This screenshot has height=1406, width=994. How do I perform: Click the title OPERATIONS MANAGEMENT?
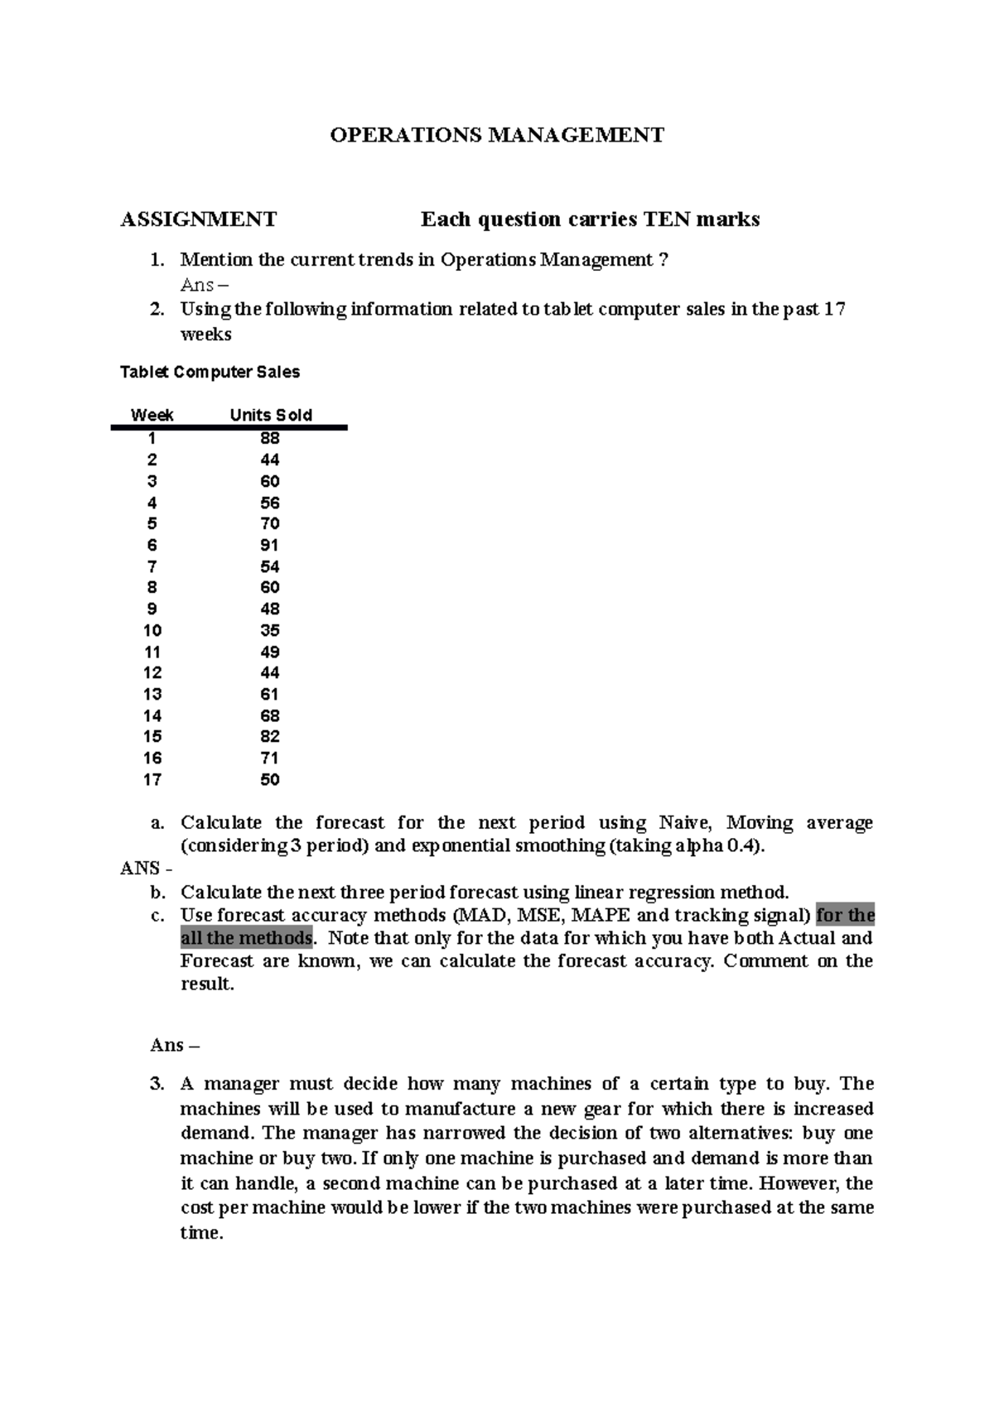click(x=497, y=135)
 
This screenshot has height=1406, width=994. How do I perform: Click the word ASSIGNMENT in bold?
click(x=199, y=219)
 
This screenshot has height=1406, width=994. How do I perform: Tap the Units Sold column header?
click(x=271, y=416)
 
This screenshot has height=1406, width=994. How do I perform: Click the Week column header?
click(x=152, y=416)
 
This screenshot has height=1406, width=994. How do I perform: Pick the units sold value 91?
click(x=269, y=545)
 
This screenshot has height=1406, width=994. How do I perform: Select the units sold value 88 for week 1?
click(x=269, y=438)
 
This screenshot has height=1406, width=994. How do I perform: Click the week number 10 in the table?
click(x=152, y=630)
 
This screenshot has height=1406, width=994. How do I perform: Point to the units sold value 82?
click(x=269, y=736)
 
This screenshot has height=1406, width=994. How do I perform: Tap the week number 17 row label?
click(x=152, y=779)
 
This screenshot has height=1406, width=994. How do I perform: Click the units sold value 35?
click(x=269, y=630)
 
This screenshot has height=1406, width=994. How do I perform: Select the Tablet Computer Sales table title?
click(x=210, y=373)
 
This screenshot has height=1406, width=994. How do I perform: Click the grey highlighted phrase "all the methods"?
click(x=247, y=938)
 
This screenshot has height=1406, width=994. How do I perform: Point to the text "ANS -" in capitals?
click(x=147, y=869)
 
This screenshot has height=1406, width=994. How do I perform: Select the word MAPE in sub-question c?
click(x=601, y=916)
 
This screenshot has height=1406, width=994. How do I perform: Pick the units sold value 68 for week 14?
click(x=269, y=715)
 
